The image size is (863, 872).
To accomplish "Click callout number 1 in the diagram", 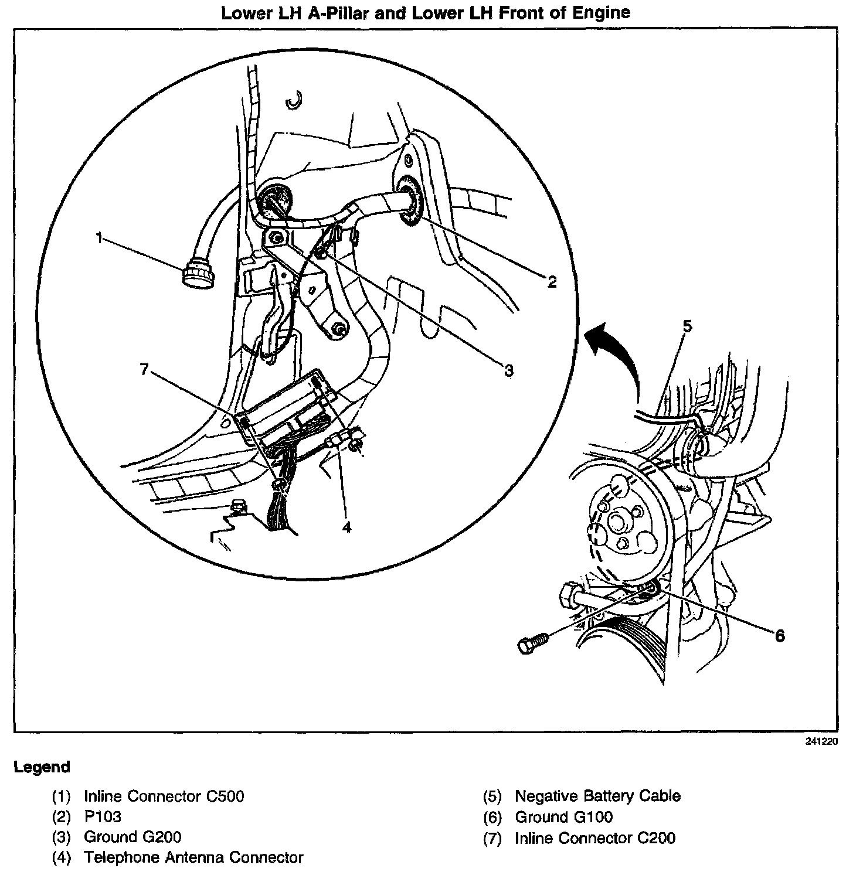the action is pos(100,237).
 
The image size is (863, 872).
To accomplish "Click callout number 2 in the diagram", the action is pos(552,282).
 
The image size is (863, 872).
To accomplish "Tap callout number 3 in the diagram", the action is pos(509,370).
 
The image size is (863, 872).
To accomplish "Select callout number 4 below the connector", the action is pos(346,527).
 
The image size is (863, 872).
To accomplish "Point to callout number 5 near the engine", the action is pos(688,326).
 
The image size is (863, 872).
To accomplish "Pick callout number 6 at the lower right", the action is pos(779,635).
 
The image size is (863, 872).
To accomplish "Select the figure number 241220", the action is pos(821,741).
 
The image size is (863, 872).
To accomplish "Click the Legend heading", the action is pos(42,767).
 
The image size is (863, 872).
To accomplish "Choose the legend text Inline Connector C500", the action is pos(164,796).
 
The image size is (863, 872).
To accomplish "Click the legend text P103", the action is pos(103,816).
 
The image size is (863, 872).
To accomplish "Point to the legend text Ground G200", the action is pos(132,837).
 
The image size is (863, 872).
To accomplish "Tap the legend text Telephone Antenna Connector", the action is pos(193,857).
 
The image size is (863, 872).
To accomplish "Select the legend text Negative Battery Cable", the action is pos(597,796).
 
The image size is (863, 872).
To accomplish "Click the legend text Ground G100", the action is pos(563,816).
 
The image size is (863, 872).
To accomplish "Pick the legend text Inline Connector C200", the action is pos(595,838).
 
